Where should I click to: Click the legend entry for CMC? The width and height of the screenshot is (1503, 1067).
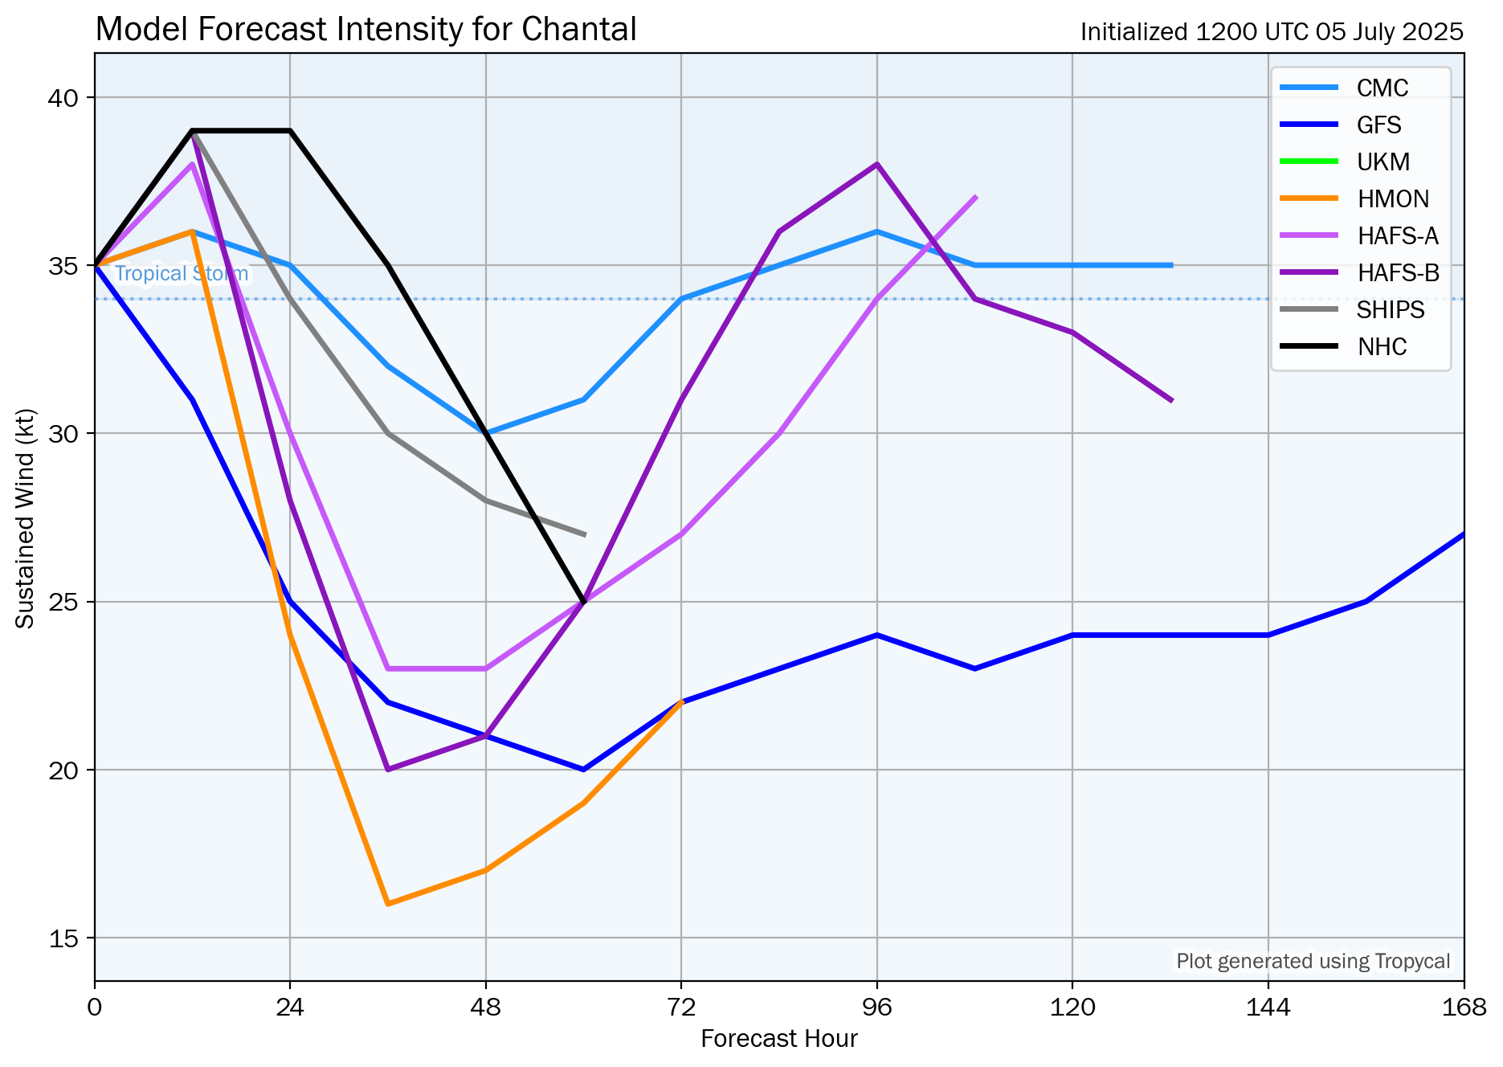(x=1382, y=88)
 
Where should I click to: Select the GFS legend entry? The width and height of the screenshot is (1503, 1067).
(x=1378, y=125)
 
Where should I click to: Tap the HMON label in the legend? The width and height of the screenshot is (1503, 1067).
(x=1393, y=198)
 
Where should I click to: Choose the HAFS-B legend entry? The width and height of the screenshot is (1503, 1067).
(x=1398, y=272)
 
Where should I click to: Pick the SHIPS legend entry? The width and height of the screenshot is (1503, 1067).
(x=1391, y=309)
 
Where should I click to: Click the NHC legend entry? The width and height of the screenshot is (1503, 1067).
(x=1382, y=346)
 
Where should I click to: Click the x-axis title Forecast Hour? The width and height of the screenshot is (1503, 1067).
(x=778, y=1039)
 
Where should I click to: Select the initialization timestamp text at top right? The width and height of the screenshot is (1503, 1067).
(x=1271, y=32)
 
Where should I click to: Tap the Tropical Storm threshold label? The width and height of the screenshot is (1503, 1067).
(x=182, y=274)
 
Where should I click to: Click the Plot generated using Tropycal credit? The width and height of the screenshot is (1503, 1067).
(x=1313, y=961)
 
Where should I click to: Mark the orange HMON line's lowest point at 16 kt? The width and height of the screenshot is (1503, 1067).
(x=388, y=904)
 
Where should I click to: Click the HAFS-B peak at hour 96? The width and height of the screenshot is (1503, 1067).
(x=877, y=164)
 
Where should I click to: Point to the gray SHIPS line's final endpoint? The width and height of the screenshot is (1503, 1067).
(x=584, y=534)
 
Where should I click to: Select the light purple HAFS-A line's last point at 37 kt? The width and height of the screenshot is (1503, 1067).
(x=975, y=197)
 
